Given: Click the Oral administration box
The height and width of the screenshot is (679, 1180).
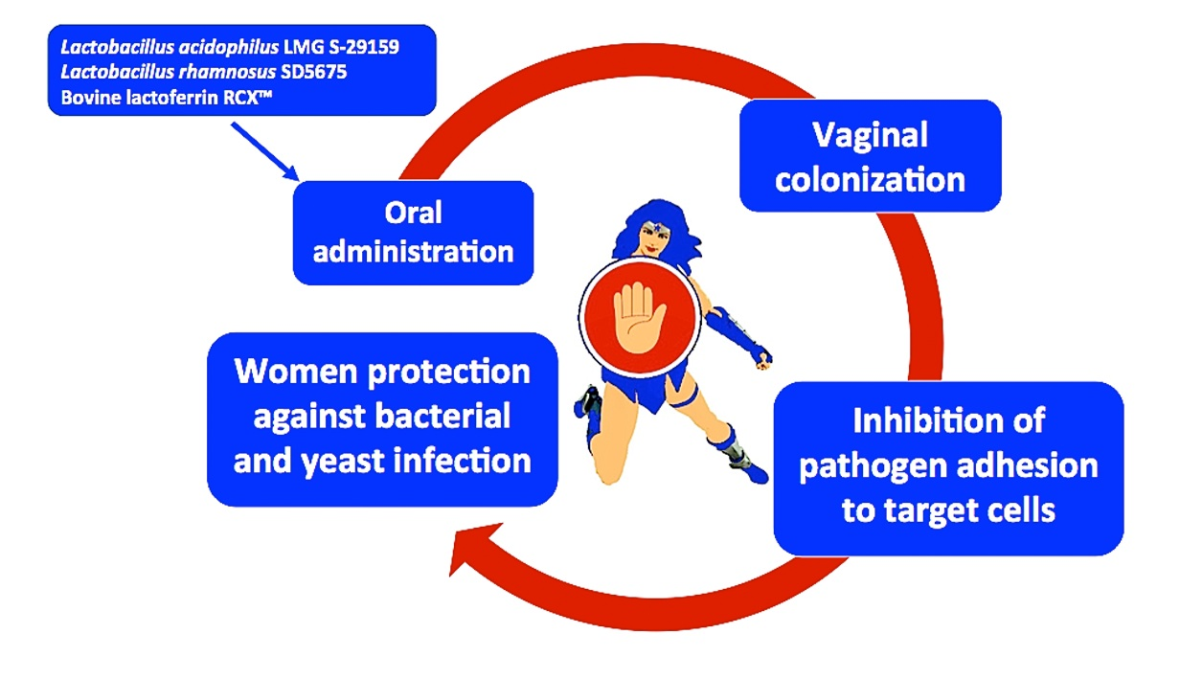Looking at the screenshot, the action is [x=413, y=233].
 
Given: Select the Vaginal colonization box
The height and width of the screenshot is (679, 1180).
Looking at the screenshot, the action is [x=871, y=156].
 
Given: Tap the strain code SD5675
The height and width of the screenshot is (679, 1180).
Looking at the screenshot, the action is [x=313, y=72].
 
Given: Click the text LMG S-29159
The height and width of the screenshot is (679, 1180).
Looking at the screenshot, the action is [x=341, y=47].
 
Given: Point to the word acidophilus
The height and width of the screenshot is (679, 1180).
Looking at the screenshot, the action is [x=228, y=48].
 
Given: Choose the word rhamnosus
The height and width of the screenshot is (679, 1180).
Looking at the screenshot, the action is [x=227, y=72].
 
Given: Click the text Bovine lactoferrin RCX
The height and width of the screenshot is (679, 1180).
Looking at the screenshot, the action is [x=166, y=98].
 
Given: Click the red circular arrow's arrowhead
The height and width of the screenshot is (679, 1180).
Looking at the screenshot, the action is [x=473, y=548].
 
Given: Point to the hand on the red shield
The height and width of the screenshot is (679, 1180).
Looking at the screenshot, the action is [x=639, y=317].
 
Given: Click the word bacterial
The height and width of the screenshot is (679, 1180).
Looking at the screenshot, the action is [x=442, y=417].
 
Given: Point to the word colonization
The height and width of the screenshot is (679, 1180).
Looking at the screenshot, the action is [x=871, y=180].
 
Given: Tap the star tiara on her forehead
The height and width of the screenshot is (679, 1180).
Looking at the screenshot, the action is [x=658, y=228].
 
